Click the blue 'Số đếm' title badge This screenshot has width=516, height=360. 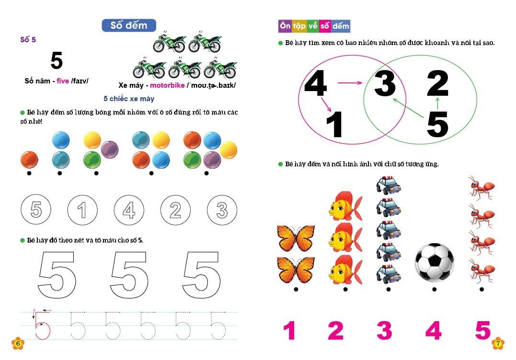129,25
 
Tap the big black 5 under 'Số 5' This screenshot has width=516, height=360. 57,60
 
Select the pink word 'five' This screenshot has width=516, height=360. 63,81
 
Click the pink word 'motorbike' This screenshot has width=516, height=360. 167,85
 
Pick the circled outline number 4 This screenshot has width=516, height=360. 129,210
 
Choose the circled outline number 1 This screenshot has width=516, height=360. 82,210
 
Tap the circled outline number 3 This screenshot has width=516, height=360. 222,210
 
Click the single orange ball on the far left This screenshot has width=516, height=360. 29,160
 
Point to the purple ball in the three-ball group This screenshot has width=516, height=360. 110,150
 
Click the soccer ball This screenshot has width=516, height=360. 435,263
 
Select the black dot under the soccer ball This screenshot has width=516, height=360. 435,290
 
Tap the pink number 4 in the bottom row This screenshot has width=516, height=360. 434,330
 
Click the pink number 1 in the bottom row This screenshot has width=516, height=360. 289,330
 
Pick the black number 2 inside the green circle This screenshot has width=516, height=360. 437,83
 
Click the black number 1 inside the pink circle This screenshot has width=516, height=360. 334,124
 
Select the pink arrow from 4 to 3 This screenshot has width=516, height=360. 350,82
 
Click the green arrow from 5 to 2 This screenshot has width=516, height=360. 437,103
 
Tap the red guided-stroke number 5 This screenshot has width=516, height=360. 42,325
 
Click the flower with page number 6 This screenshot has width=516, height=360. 18,343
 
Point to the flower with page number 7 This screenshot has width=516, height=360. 498,343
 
